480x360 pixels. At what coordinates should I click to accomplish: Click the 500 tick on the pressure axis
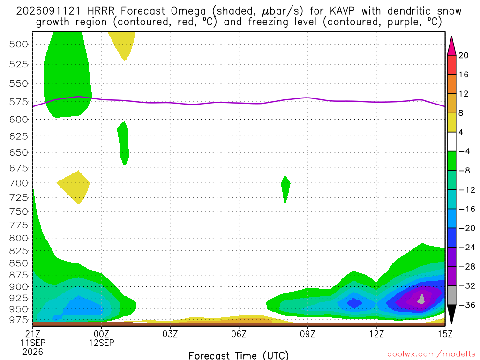coord(19,45)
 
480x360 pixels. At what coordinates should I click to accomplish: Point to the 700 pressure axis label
coord(19,183)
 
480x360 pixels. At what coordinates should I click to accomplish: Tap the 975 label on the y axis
coord(19,320)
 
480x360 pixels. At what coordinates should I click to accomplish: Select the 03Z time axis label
coord(170,334)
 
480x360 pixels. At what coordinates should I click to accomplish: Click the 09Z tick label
coord(307,334)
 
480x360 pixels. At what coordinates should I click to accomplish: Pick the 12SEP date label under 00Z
coord(101,343)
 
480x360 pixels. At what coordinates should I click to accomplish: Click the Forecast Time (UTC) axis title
coord(239,355)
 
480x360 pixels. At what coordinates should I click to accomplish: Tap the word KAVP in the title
coord(342,11)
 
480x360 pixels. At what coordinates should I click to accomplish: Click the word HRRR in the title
coord(101,11)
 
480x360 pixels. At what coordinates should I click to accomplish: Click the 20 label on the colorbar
coord(464,55)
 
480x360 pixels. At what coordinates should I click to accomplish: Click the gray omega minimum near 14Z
coord(421,300)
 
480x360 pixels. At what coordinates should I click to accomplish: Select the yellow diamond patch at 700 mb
coord(74,187)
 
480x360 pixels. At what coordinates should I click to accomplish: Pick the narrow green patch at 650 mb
coord(123,143)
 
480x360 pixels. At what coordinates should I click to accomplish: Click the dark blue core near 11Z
coord(354,303)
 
